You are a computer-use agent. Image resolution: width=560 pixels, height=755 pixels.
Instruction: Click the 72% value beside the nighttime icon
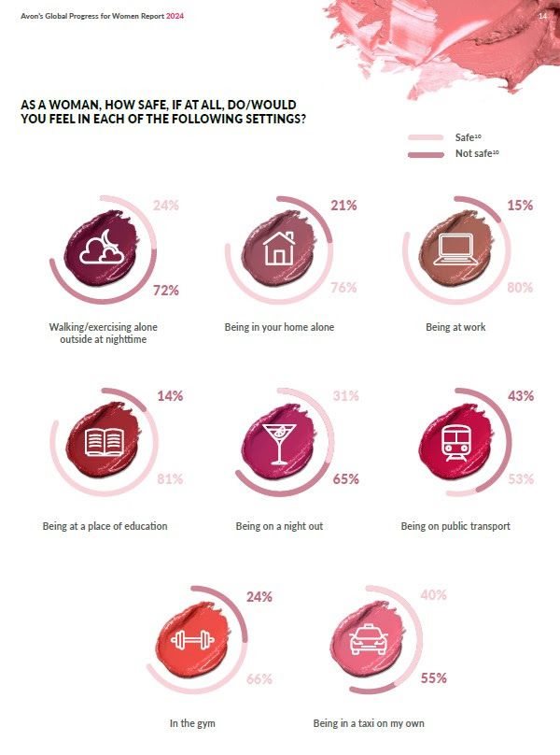click(165, 291)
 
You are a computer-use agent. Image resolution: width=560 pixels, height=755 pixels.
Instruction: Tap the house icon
click(278, 249)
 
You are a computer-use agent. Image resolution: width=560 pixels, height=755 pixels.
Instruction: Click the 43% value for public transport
click(520, 396)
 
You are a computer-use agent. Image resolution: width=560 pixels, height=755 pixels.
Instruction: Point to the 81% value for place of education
click(169, 479)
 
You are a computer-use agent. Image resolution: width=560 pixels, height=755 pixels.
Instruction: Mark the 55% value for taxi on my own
click(433, 678)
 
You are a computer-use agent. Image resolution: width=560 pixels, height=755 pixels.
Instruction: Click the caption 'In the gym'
click(192, 723)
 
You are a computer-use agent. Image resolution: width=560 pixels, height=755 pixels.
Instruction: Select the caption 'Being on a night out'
click(279, 526)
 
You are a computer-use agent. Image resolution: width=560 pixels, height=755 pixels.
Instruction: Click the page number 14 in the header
click(542, 16)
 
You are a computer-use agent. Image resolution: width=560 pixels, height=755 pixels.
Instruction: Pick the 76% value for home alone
click(343, 288)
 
